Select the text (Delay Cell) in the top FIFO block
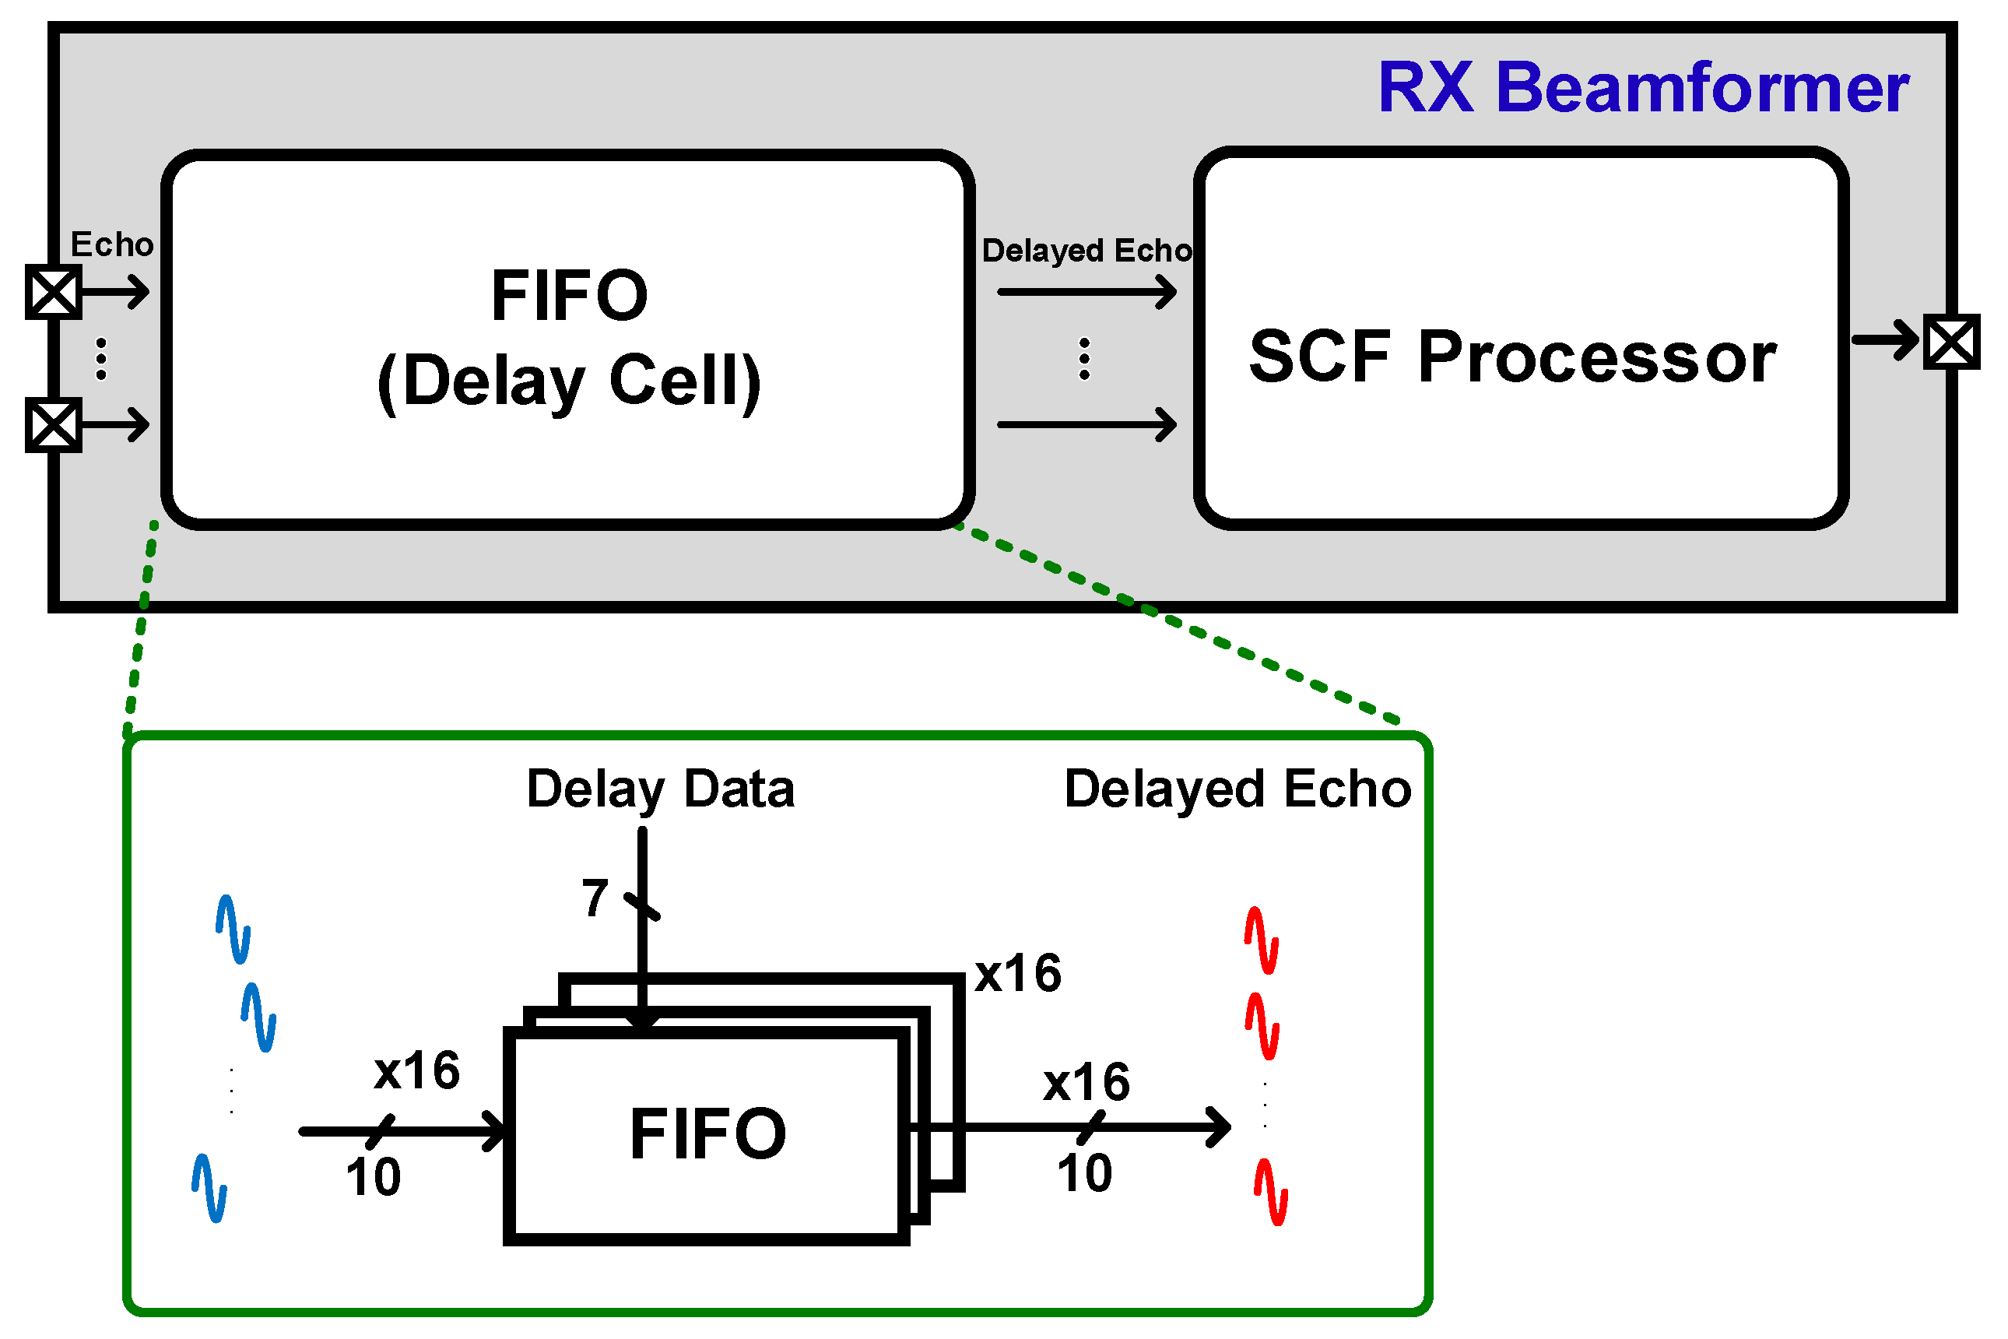(569, 381)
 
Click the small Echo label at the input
(112, 245)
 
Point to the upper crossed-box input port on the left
(53, 292)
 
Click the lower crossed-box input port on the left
(53, 424)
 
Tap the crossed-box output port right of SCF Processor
(1951, 343)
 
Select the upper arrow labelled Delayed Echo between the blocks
(1086, 292)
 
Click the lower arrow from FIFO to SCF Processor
(1086, 424)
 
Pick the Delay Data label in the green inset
(660, 789)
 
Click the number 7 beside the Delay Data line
(595, 898)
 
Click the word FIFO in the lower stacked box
(707, 1133)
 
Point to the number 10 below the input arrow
(373, 1177)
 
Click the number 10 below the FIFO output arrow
(1084, 1172)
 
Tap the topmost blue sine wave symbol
(233, 929)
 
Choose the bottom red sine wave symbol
(1270, 1192)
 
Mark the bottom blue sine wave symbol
(209, 1188)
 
